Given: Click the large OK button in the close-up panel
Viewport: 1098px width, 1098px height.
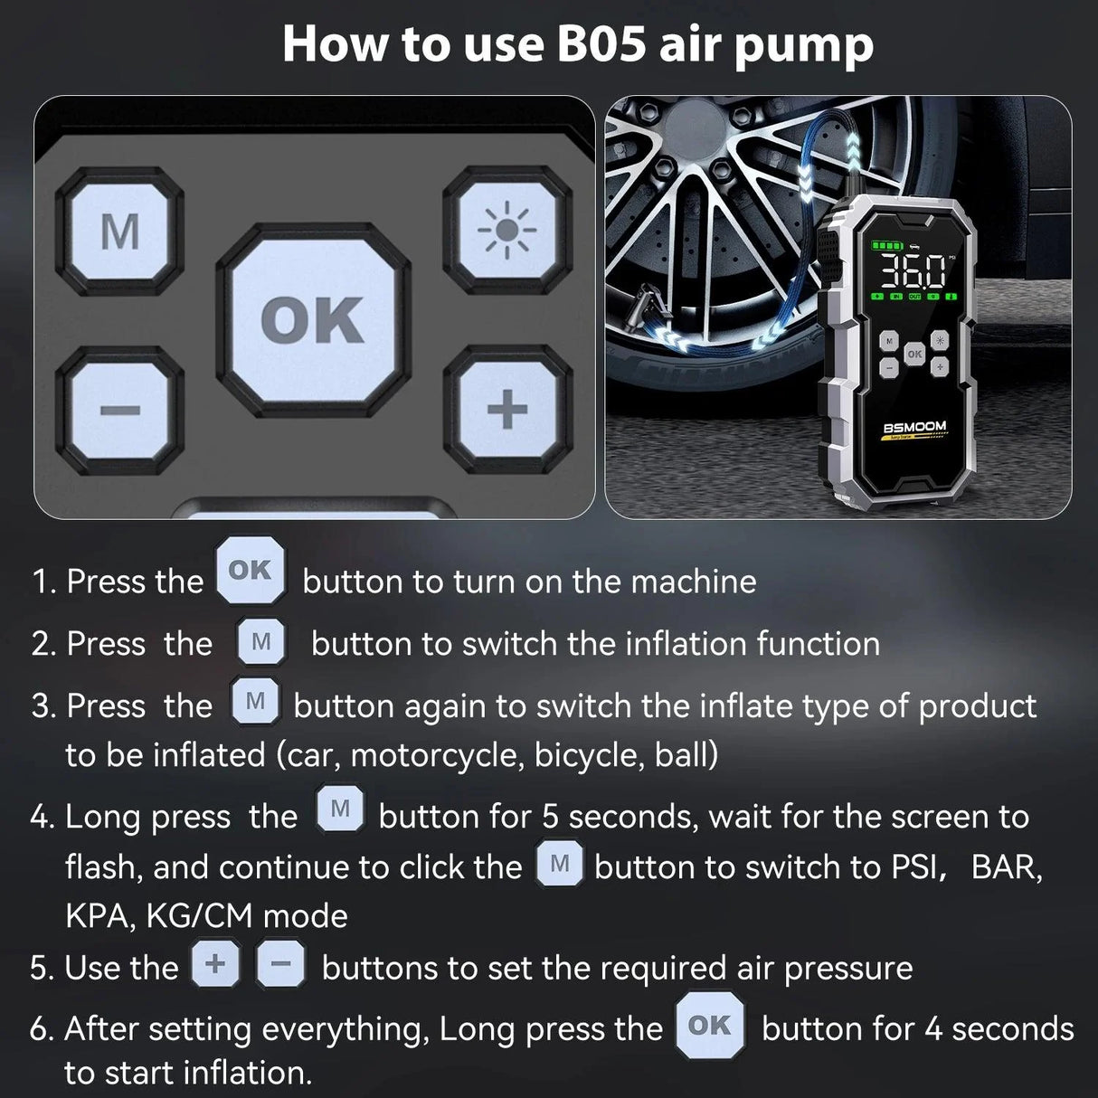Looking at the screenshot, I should pyautogui.click(x=312, y=320).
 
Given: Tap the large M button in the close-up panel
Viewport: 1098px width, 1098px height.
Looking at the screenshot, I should pyautogui.click(x=119, y=232).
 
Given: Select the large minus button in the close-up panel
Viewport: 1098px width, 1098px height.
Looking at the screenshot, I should pyautogui.click(x=119, y=411).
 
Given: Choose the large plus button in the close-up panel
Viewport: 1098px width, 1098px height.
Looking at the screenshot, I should pyautogui.click(x=507, y=411).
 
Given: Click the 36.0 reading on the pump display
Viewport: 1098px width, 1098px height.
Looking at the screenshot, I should pyautogui.click(x=912, y=271).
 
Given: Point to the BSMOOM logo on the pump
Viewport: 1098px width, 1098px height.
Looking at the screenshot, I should pyautogui.click(x=914, y=427).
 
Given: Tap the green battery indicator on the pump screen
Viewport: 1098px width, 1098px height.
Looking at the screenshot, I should pyautogui.click(x=886, y=245).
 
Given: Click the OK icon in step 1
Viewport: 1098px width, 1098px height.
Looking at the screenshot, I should pyautogui.click(x=251, y=571).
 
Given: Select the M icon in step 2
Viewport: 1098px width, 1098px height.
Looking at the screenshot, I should pyautogui.click(x=261, y=641).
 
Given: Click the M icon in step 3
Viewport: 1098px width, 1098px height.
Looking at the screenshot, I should pyautogui.click(x=255, y=701).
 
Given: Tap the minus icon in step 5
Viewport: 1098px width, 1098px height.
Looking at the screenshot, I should pyautogui.click(x=280, y=964).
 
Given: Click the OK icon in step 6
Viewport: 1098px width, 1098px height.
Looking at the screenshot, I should pyautogui.click(x=710, y=1025).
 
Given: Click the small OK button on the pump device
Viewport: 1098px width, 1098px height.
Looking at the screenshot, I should pyautogui.click(x=914, y=354).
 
